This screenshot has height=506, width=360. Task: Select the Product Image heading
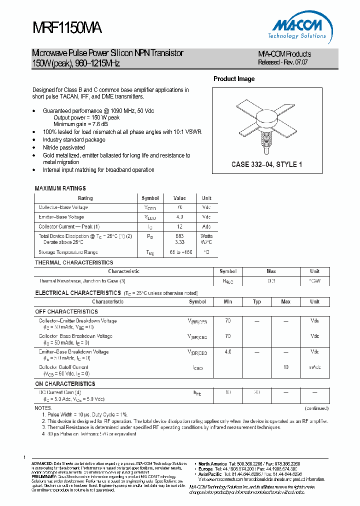pyautogui.click(x=234, y=79)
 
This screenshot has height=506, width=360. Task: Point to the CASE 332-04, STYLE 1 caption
pyautogui.click(x=266, y=164)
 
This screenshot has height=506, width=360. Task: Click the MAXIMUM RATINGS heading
pyautogui.click(x=60, y=188)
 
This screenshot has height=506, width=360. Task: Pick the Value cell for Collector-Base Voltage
pyautogui.click(x=179, y=207)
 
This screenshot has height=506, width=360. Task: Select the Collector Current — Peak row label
pyautogui.click(x=69, y=226)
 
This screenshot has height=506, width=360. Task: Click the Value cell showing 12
pyautogui.click(x=179, y=226)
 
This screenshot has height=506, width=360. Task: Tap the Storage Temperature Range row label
pyautogui.click(x=68, y=252)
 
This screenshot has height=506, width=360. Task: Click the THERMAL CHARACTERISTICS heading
pyautogui.click(x=74, y=262)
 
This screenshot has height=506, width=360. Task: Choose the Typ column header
pyautogui.click(x=257, y=302)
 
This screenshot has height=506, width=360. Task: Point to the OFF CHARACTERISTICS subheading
pyautogui.click(x=66, y=311)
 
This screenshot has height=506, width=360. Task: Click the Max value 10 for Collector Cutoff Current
pyautogui.click(x=286, y=367)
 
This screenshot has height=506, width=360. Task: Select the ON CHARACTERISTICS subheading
pyautogui.click(x=65, y=384)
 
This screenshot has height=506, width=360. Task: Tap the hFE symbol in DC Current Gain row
pyautogui.click(x=197, y=393)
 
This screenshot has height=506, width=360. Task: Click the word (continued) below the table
pyautogui.click(x=316, y=408)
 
